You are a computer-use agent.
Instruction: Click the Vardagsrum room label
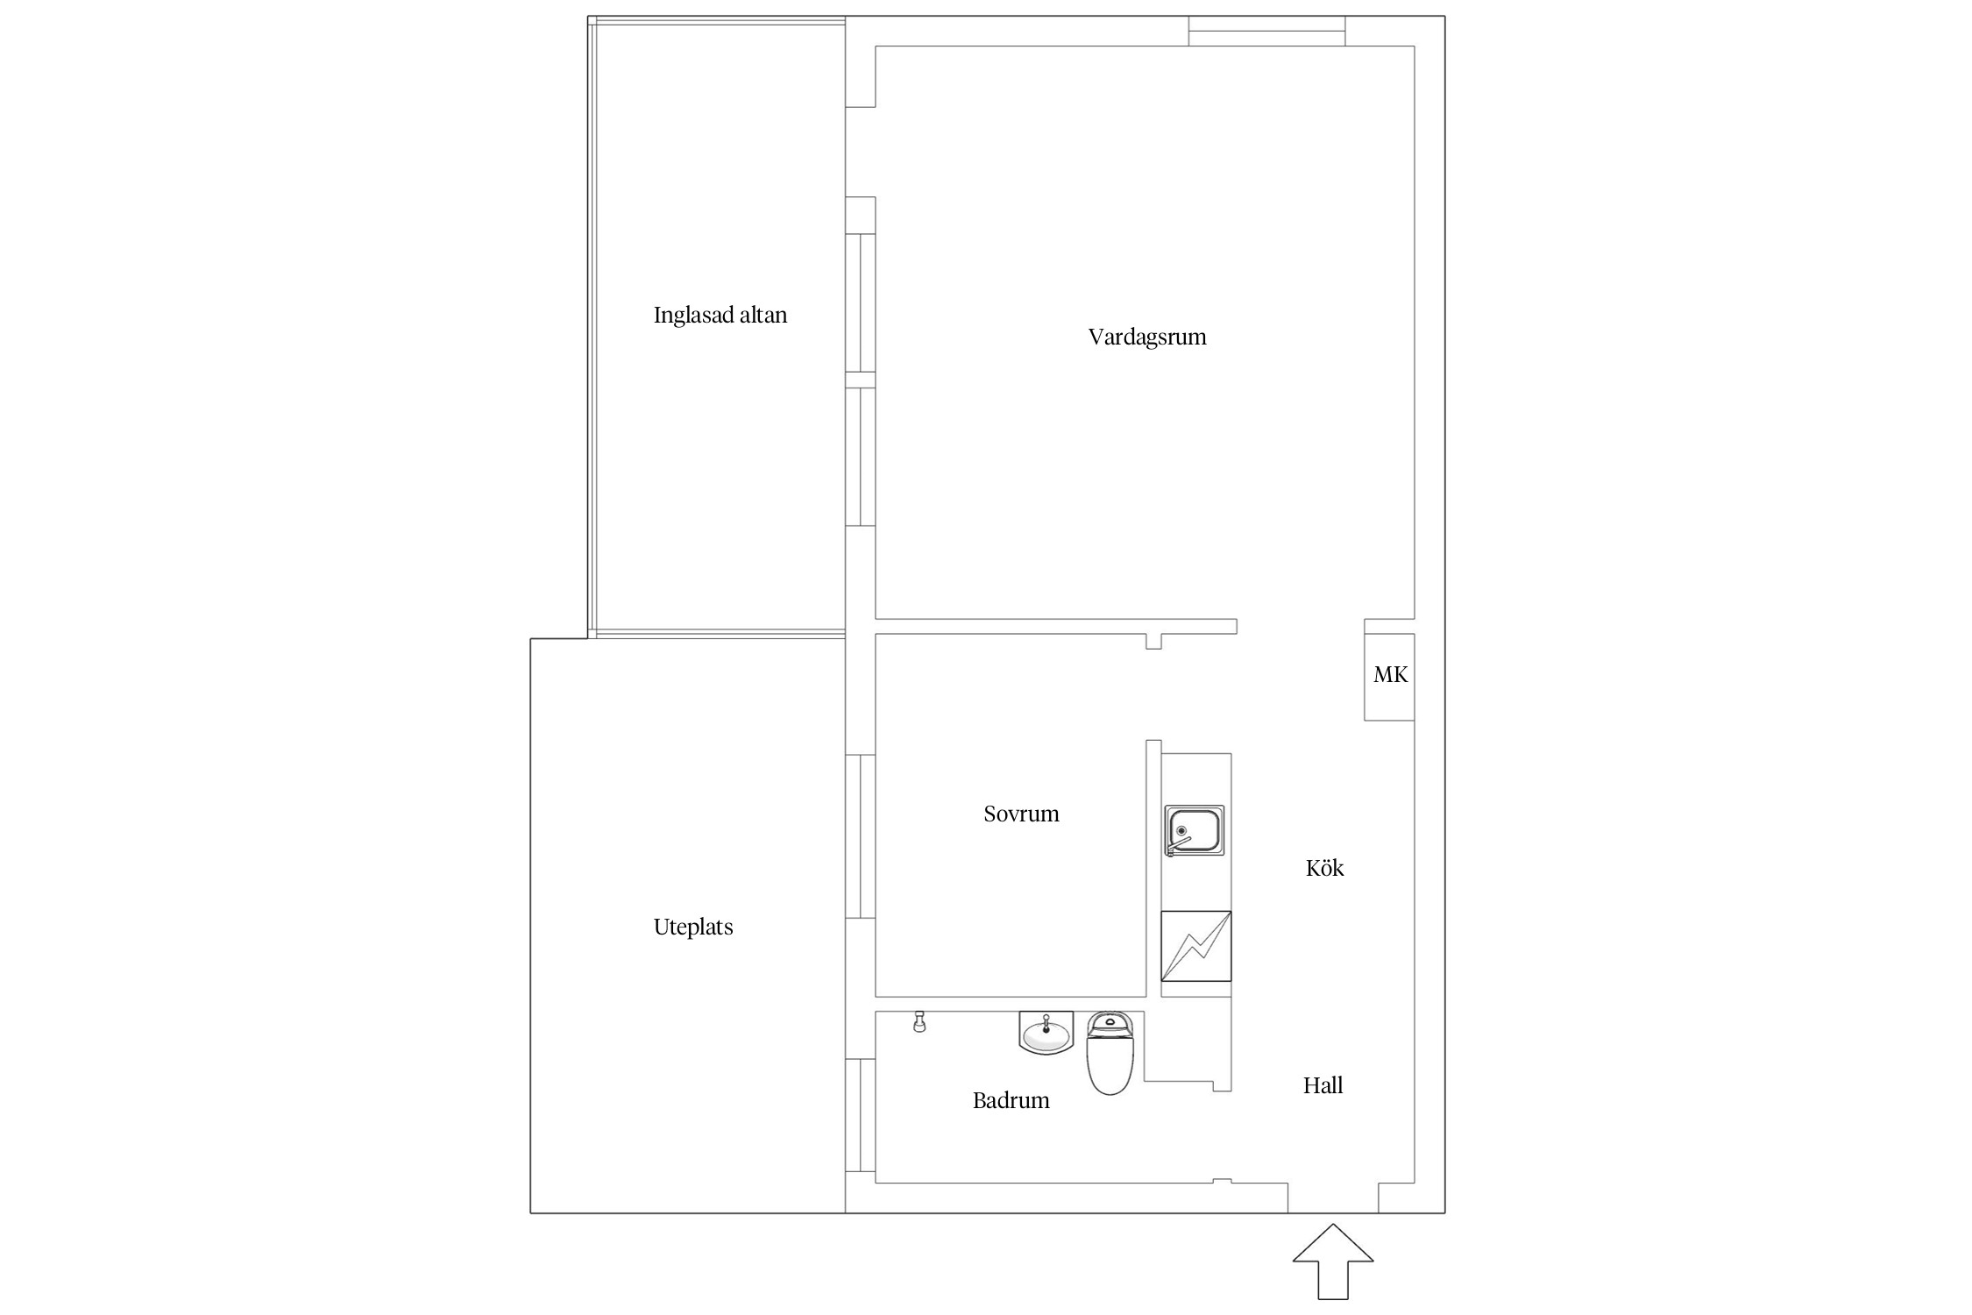coord(1147,338)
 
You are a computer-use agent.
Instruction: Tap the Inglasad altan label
coord(720,316)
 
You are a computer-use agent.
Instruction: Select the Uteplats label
coord(693,928)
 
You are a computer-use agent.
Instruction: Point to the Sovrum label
coord(1021,814)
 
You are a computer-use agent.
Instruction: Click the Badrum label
coord(1011,1100)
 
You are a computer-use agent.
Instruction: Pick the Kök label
coord(1324,868)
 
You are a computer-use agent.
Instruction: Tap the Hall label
coord(1323,1085)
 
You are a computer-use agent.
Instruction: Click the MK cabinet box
coord(1389,677)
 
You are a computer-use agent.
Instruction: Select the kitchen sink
coord(1194,830)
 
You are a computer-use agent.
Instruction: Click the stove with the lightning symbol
coord(1196,946)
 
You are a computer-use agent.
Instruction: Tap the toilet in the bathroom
coord(1110,1053)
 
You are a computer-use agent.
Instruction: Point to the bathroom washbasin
coord(1046,1032)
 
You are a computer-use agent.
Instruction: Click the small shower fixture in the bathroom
coord(919,1021)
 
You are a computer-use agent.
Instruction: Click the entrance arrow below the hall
coord(1333,1261)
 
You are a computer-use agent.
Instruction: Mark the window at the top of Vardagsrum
coord(1266,31)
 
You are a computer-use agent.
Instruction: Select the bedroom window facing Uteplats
coord(861,836)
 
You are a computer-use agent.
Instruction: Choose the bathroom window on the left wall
coord(861,1115)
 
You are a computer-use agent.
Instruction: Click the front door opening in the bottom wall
coord(1333,1198)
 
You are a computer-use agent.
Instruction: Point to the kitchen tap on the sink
coord(1178,843)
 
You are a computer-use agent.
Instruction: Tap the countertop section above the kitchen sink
coord(1196,779)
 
